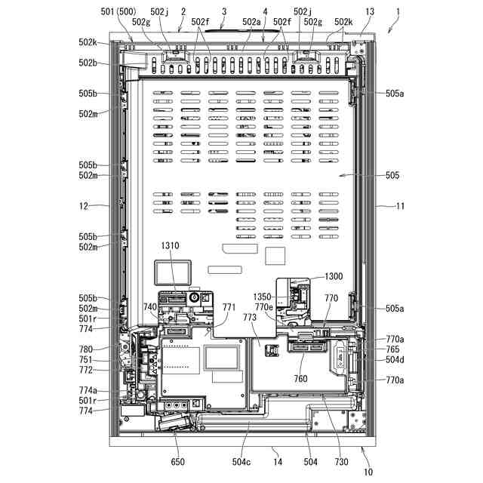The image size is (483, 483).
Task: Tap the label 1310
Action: pyautogui.click(x=169, y=246)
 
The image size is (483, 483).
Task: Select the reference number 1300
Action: pyautogui.click(x=333, y=277)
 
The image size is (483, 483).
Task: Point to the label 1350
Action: pyautogui.click(x=263, y=298)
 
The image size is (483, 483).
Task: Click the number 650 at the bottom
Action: pyautogui.click(x=177, y=461)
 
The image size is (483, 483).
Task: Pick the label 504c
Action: pyautogui.click(x=242, y=461)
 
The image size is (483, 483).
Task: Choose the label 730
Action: pyautogui.click(x=341, y=461)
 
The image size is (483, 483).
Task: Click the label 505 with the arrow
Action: pyautogui.click(x=392, y=176)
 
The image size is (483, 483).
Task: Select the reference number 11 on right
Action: pyautogui.click(x=400, y=205)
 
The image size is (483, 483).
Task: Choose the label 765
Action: pyautogui.click(x=392, y=349)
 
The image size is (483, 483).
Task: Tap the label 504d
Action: pyautogui.click(x=395, y=360)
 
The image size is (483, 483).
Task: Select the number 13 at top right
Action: pyautogui.click(x=369, y=12)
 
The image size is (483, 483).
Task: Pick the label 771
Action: pyautogui.click(x=229, y=307)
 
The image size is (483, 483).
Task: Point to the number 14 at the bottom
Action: pyautogui.click(x=277, y=461)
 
